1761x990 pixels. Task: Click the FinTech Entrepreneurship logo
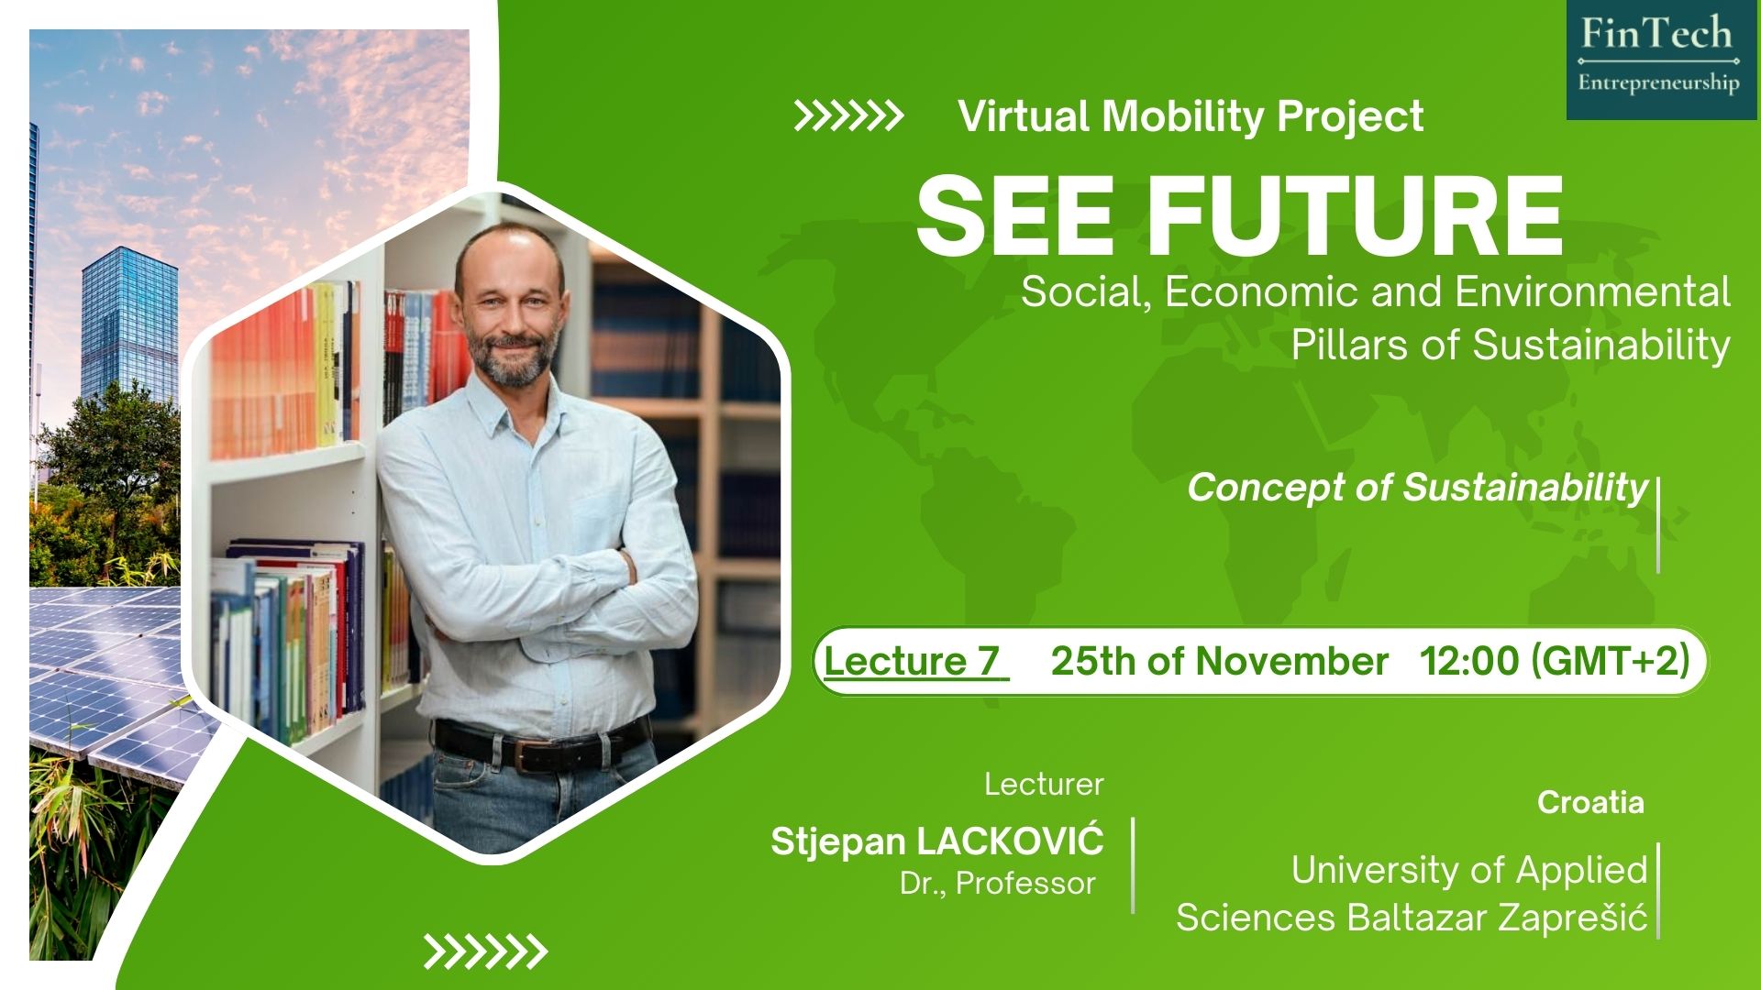click(x=1661, y=60)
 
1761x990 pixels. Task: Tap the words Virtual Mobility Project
click(x=1191, y=116)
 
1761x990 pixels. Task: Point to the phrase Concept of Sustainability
click(x=1418, y=488)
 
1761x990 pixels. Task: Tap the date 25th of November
click(x=1219, y=661)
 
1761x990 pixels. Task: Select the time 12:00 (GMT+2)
click(x=1555, y=661)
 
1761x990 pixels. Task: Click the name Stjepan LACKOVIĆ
click(x=937, y=840)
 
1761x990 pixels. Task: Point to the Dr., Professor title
click(x=998, y=884)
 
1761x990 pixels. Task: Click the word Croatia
click(x=1590, y=802)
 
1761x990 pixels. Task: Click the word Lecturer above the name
click(x=1044, y=784)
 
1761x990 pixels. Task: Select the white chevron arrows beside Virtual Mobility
click(x=848, y=117)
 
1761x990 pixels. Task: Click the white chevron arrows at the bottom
click(x=485, y=951)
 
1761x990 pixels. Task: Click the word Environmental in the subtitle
click(x=1592, y=291)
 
